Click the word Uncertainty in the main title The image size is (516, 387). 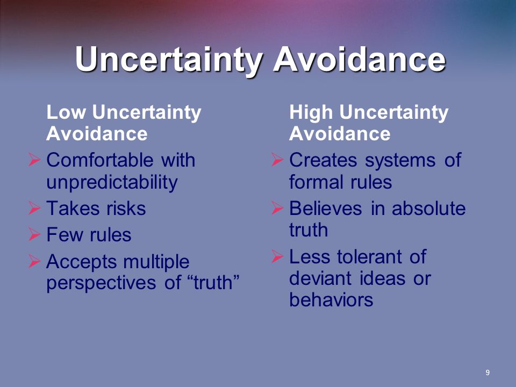point(169,60)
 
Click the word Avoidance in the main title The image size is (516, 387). point(360,59)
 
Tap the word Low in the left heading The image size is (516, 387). point(66,112)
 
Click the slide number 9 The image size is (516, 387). point(488,372)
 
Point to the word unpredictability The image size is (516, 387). point(112,182)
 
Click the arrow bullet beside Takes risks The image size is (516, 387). point(34,208)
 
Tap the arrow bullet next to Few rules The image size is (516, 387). point(34,234)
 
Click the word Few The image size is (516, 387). point(64,235)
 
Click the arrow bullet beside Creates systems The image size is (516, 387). point(277,160)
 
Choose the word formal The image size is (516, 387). point(316,182)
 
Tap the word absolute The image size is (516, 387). point(428,209)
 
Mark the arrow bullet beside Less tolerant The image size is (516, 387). point(277,256)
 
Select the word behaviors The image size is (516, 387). point(331,300)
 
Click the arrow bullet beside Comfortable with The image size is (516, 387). point(34,160)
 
